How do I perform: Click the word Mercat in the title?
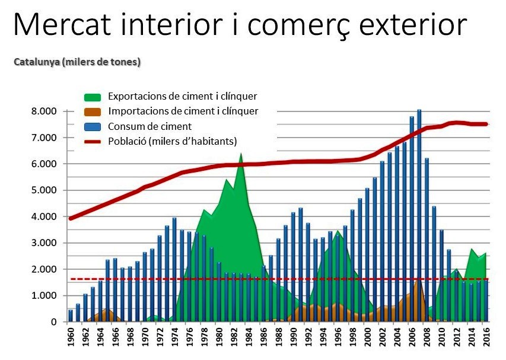point(62,24)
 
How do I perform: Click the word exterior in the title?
point(413,24)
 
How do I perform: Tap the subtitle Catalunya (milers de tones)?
point(77,62)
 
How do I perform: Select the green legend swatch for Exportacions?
point(93,97)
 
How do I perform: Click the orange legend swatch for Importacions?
point(93,111)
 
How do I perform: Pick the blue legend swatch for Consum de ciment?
point(93,126)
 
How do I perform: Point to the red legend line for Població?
point(93,141)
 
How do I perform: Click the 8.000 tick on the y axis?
point(44,111)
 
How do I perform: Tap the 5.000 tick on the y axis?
point(44,190)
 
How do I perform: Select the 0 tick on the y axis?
point(54,322)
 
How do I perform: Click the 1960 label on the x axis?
point(71,337)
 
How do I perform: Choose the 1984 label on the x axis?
point(249,337)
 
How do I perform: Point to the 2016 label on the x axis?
point(486,337)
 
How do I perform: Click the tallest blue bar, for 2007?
point(419,215)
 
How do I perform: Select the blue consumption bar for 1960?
point(71,316)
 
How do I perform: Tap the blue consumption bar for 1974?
point(174,270)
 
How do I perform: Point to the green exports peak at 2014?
point(472,249)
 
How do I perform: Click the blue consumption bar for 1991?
point(300,265)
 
